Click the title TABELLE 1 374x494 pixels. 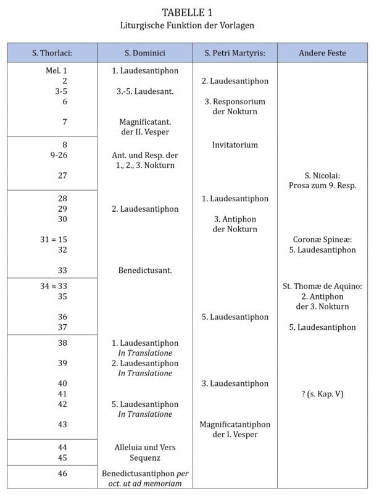pyautogui.click(x=186, y=12)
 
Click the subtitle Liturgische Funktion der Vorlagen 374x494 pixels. pyautogui.click(x=186, y=25)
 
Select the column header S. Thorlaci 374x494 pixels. pyautogui.click(x=52, y=53)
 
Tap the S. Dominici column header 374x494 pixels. pyautogui.click(x=145, y=53)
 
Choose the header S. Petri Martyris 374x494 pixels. pyautogui.click(x=235, y=53)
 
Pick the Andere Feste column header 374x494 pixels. pyautogui.click(x=322, y=53)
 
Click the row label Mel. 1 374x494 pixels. pyautogui.click(x=56, y=71)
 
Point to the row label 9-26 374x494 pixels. pyautogui.click(x=59, y=155)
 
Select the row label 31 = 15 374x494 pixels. pyautogui.click(x=54, y=240)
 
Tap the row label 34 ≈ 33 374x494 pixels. pyautogui.click(x=54, y=286)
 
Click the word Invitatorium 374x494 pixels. pyautogui.click(x=235, y=145)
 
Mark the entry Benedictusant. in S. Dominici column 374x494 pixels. pyautogui.click(x=145, y=270)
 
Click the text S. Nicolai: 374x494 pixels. pyautogui.click(x=322, y=175)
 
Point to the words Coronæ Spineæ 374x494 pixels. pyautogui.click(x=322, y=240)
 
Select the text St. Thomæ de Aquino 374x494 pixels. pyautogui.click(x=322, y=286)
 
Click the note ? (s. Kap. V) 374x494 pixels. pyautogui.click(x=322, y=394)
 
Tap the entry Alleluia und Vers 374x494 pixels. pyautogui.click(x=145, y=447)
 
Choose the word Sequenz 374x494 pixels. pyautogui.click(x=145, y=458)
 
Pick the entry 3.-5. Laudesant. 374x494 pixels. pyautogui.click(x=145, y=91)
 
